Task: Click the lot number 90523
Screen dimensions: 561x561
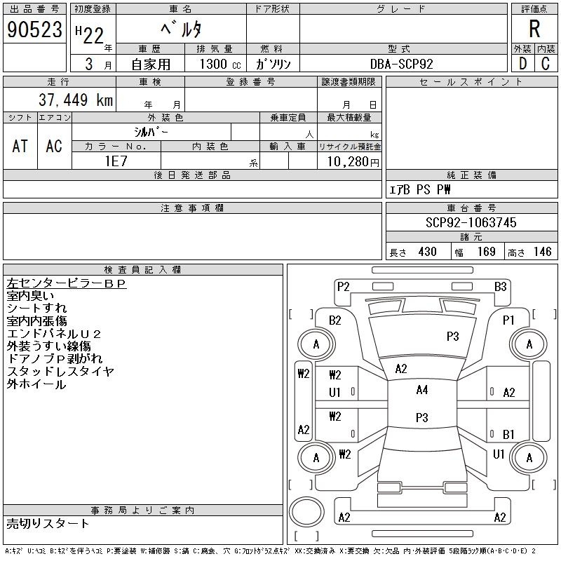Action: [34, 29]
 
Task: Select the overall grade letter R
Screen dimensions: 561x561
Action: [534, 29]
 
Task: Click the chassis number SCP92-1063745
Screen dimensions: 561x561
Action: [471, 222]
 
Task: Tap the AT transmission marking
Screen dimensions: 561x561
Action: [20, 146]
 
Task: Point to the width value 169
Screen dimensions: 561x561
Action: [486, 252]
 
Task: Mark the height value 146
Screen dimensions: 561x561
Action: [542, 252]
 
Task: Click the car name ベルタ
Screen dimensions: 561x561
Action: [181, 29]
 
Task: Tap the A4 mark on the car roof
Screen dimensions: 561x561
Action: [421, 390]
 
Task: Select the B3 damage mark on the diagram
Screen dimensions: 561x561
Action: [500, 286]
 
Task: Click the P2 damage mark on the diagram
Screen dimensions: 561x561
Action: [343, 286]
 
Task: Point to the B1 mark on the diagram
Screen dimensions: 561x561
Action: [508, 435]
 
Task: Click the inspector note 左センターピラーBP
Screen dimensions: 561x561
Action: [66, 283]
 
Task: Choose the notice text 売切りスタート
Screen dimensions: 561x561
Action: [48, 523]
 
